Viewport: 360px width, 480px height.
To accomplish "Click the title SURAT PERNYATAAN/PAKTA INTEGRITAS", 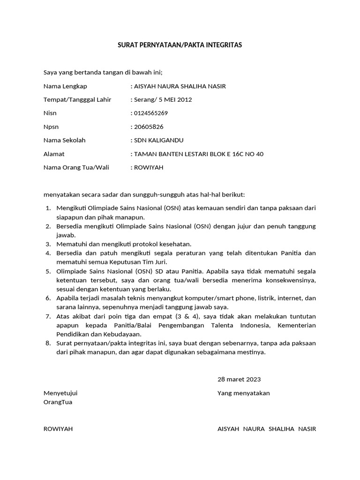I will pyautogui.click(x=180, y=45).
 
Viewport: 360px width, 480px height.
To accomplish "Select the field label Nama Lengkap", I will pyautogui.click(x=65, y=86).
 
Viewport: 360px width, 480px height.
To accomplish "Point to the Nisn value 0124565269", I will pyautogui.click(x=151, y=113).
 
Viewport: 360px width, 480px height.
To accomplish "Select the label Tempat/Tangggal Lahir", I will pyautogui.click(x=77, y=100).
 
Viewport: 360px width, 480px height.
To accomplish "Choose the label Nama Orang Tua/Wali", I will pyautogui.click(x=76, y=167).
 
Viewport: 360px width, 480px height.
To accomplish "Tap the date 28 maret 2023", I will pyautogui.click(x=239, y=379).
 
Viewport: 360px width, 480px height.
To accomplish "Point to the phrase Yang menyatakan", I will pyautogui.click(x=243, y=393).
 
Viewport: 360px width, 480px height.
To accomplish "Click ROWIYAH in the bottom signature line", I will pyautogui.click(x=58, y=429).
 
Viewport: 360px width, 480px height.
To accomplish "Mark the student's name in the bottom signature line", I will pyautogui.click(x=266, y=429).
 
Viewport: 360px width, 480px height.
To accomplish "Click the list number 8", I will pyautogui.click(x=48, y=343).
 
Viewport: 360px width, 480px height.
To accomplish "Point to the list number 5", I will pyautogui.click(x=48, y=271).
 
